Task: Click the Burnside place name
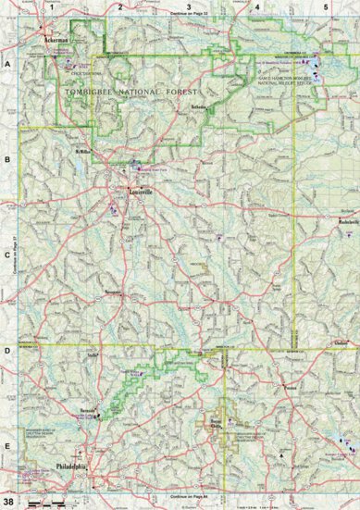[88, 408]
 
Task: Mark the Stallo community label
[92, 354]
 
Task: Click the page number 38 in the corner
[8, 502]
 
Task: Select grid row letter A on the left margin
[6, 67]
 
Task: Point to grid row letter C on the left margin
[6, 256]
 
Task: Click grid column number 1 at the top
[54, 6]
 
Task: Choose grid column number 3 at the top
[189, 6]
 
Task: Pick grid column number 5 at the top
[325, 6]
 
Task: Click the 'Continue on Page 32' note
[190, 16]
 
